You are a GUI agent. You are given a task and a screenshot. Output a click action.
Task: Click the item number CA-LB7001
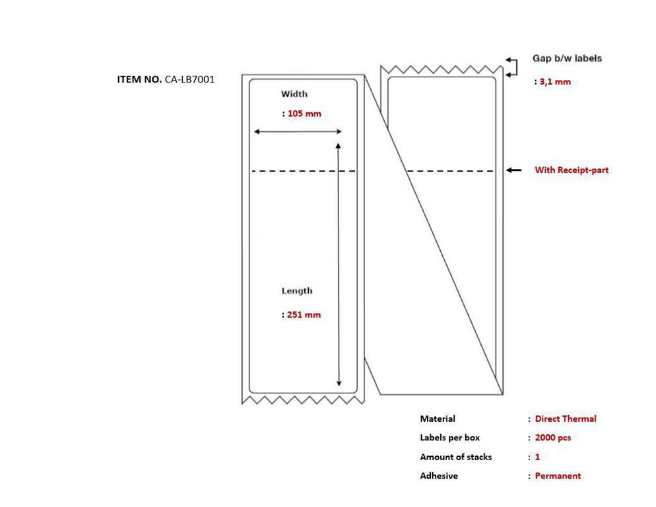pos(189,79)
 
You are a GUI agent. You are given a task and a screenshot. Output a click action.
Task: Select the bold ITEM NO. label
pos(139,79)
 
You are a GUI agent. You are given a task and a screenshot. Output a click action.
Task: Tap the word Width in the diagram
pos(294,94)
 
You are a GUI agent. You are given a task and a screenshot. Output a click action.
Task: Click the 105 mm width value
pos(305,114)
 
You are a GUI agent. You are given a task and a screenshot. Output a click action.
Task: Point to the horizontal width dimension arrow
pos(298,131)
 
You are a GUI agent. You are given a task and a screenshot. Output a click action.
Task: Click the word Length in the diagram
pos(296,291)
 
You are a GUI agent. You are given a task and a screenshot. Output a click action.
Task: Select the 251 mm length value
pos(304,314)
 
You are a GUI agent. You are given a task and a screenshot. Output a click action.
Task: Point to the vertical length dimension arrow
pos(339,265)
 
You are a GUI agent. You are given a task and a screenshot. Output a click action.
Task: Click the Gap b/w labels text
pos(567,58)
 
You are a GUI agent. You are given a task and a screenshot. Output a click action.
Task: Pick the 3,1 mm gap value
pos(555,82)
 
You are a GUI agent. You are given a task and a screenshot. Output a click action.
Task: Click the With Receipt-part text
pos(572,170)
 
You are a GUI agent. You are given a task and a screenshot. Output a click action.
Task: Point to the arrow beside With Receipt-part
pos(513,170)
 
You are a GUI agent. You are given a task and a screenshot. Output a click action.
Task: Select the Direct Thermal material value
pos(566,419)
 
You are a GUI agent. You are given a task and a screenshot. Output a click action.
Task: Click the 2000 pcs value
pos(553,438)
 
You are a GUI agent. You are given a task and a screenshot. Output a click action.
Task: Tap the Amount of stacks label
pos(456,457)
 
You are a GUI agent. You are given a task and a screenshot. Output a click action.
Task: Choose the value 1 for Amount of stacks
pos(538,457)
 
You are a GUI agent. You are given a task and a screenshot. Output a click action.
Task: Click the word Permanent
pos(558,475)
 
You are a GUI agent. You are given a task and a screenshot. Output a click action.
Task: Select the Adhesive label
pos(439,475)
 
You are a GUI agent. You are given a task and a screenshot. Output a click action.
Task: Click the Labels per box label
pos(450,438)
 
